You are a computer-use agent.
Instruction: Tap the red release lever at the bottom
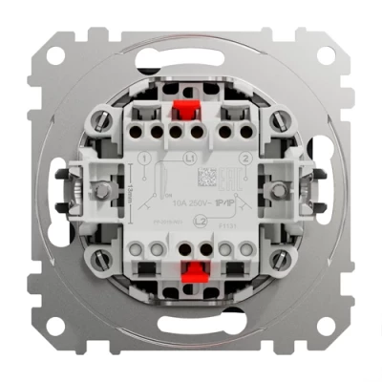[x=200, y=269]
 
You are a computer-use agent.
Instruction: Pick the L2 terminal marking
[x=199, y=220]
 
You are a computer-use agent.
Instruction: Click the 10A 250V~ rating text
[x=190, y=201]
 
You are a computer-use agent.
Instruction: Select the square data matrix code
[x=207, y=178]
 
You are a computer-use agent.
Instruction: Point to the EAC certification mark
[x=227, y=180]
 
